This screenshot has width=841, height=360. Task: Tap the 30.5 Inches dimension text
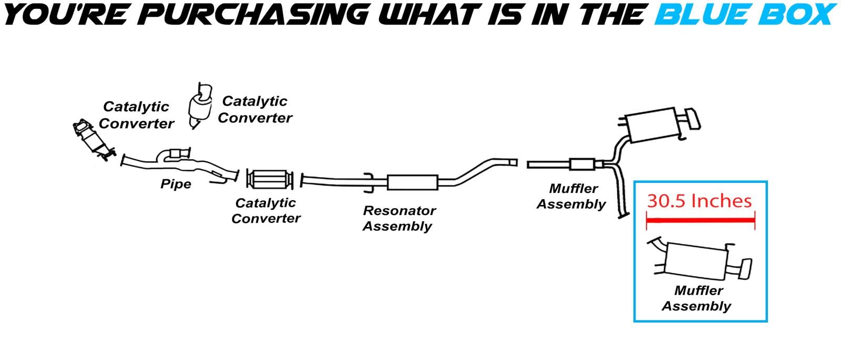[x=699, y=201]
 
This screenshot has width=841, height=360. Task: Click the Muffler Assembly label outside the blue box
[x=572, y=196]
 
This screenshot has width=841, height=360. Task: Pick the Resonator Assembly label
[x=399, y=218]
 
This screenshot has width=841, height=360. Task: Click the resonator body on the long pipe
[x=413, y=182]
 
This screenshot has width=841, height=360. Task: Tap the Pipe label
[x=176, y=184]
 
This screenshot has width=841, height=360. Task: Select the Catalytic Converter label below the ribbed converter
[x=266, y=210]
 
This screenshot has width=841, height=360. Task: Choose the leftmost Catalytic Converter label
[x=136, y=115]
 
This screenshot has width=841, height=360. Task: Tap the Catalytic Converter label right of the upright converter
[x=255, y=109]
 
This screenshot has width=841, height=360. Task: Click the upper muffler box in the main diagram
[x=652, y=125]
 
